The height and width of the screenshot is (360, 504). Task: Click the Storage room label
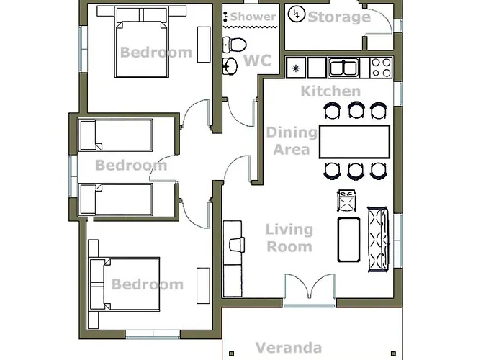point(339,17)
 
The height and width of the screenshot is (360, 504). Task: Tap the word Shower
point(253,17)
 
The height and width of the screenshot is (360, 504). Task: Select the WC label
point(257,60)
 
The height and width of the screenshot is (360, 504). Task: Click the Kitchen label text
point(330,91)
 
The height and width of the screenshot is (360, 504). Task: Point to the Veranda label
point(288,348)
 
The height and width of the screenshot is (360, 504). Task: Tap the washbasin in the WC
point(230,66)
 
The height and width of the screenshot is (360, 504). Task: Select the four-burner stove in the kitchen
point(381,68)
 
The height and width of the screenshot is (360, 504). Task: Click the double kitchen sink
point(343,68)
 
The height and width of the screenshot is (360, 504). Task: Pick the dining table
point(354,142)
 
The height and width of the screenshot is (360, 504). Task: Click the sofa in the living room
point(379,240)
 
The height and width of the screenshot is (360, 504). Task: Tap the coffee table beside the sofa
point(348,240)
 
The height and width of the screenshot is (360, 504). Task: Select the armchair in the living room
point(346,201)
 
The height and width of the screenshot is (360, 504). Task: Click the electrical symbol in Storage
point(297,14)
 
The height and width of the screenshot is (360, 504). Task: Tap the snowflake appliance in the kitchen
point(296,68)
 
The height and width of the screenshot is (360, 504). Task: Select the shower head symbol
point(225,17)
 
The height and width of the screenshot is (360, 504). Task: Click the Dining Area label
point(292,141)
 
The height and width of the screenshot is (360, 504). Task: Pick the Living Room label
point(289,238)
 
